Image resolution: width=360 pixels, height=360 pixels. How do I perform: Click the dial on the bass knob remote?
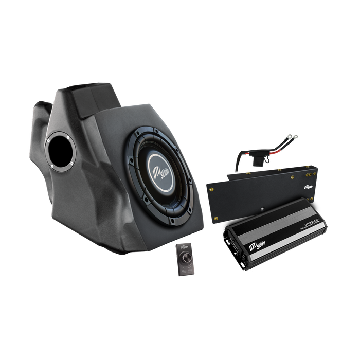point(184,252)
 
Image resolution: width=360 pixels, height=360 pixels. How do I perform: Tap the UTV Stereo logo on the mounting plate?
point(309,187)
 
